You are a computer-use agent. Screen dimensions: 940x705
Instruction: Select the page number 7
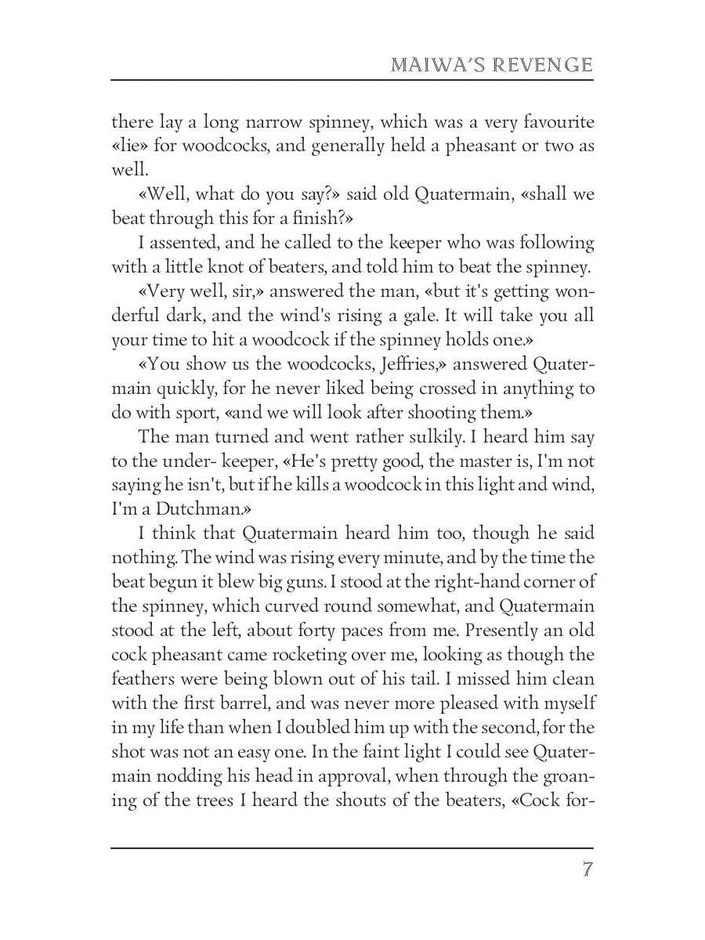[587, 870]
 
